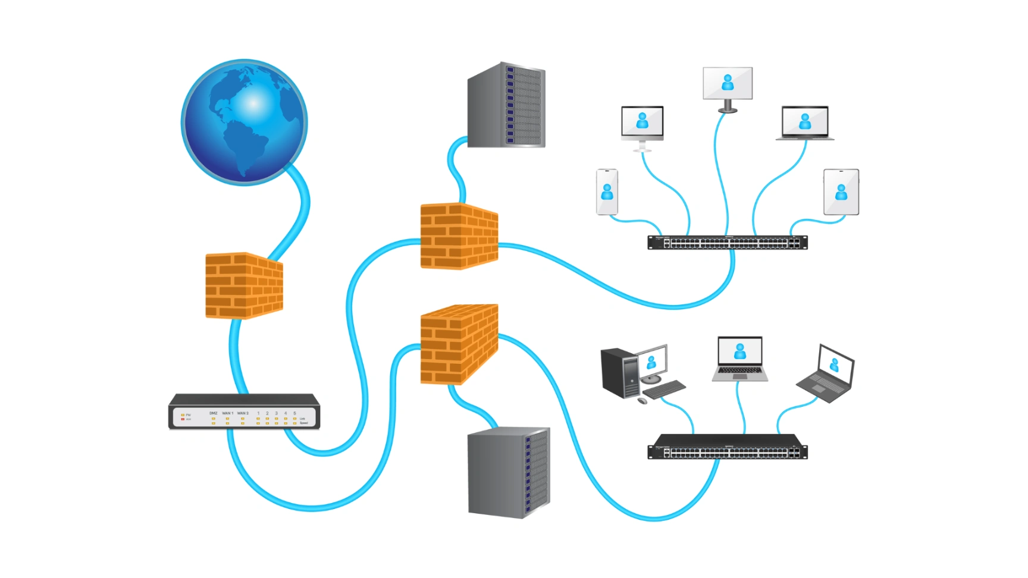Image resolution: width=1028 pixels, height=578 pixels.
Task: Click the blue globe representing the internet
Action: click(x=245, y=122)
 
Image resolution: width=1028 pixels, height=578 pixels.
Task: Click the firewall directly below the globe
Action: click(x=244, y=285)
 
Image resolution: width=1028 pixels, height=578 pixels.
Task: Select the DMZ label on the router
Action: click(x=214, y=413)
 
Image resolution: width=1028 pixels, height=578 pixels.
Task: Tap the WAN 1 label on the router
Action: click(x=228, y=413)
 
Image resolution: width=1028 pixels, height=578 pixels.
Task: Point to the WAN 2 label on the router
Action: click(x=243, y=413)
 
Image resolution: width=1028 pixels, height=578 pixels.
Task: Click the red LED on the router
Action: click(x=183, y=419)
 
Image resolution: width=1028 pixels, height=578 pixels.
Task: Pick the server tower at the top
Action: click(x=506, y=105)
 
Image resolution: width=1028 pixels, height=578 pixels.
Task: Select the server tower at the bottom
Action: click(x=509, y=473)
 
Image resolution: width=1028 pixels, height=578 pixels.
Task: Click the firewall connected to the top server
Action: click(x=459, y=236)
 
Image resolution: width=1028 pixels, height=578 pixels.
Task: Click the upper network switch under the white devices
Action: click(x=727, y=243)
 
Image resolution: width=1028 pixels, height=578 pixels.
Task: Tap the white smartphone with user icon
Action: click(x=607, y=192)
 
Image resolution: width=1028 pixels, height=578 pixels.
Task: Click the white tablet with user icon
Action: click(x=841, y=192)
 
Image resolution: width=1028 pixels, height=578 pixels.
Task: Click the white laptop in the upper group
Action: click(x=805, y=123)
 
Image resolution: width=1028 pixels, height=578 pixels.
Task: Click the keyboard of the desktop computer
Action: click(x=665, y=390)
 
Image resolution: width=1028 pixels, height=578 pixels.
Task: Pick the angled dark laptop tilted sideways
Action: click(x=827, y=375)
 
